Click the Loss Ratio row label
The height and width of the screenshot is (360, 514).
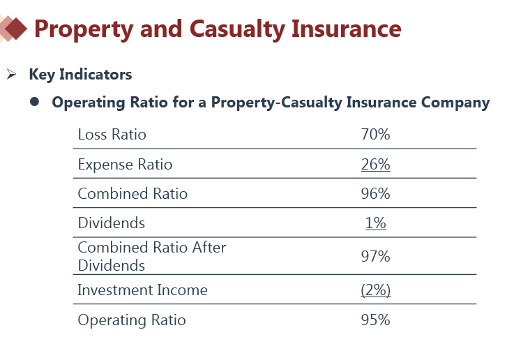pyautogui.click(x=112, y=135)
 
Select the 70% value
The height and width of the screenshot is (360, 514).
pyautogui.click(x=375, y=135)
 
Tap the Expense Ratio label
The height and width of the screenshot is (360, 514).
pyautogui.click(x=125, y=165)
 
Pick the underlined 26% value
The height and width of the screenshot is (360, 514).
pyautogui.click(x=375, y=165)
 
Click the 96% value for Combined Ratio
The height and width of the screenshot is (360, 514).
pyautogui.click(x=375, y=194)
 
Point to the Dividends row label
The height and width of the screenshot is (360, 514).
pyautogui.click(x=111, y=223)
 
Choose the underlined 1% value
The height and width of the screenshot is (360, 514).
pyautogui.click(x=375, y=223)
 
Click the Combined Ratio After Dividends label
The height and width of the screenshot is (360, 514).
pyautogui.click(x=151, y=256)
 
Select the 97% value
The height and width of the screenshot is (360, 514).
pyautogui.click(x=375, y=256)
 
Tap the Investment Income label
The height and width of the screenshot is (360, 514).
pyautogui.click(x=142, y=290)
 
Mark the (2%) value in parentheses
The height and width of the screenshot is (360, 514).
pyautogui.click(x=375, y=290)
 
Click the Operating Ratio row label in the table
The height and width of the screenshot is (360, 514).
pyautogui.click(x=132, y=320)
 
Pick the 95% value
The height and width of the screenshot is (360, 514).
pyautogui.click(x=375, y=320)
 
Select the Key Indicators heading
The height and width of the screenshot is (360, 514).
pyautogui.click(x=80, y=75)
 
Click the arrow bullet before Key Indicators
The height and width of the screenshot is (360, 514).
pyautogui.click(x=11, y=75)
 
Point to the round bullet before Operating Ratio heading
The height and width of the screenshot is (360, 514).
pyautogui.click(x=34, y=103)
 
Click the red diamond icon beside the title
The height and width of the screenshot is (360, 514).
pyautogui.click(x=15, y=29)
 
